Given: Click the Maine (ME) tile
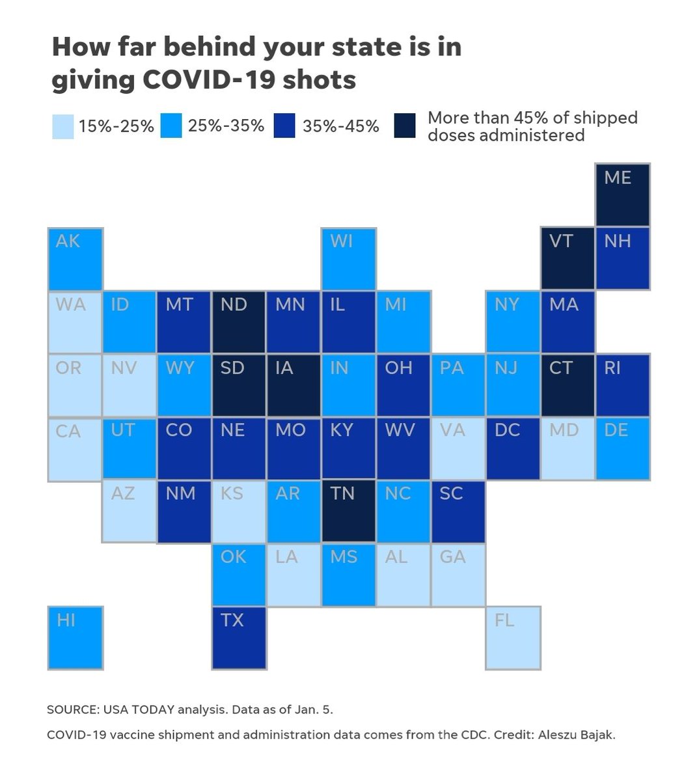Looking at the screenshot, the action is point(622,195).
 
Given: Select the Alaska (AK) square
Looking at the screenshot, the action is point(75,258).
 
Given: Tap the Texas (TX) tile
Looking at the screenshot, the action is point(239,637).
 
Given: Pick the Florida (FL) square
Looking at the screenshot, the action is point(513,637).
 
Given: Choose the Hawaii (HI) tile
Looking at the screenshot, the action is point(75,637).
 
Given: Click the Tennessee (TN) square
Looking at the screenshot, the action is point(349,511).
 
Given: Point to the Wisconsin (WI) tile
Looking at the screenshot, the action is point(349,258).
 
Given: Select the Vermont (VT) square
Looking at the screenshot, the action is point(568,258).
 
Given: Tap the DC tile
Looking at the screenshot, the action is point(513,448).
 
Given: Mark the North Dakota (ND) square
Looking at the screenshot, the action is point(239,322).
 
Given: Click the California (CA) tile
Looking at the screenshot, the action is point(75,449).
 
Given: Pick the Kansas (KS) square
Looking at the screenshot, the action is point(239,512).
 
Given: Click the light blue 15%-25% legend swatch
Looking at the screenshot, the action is point(63,126).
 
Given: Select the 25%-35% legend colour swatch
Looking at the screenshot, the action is point(171,126).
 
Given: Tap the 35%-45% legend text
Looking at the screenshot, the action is point(341,126).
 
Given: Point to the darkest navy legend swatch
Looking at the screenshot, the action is point(405,126).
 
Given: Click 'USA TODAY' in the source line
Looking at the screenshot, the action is point(139,709).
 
